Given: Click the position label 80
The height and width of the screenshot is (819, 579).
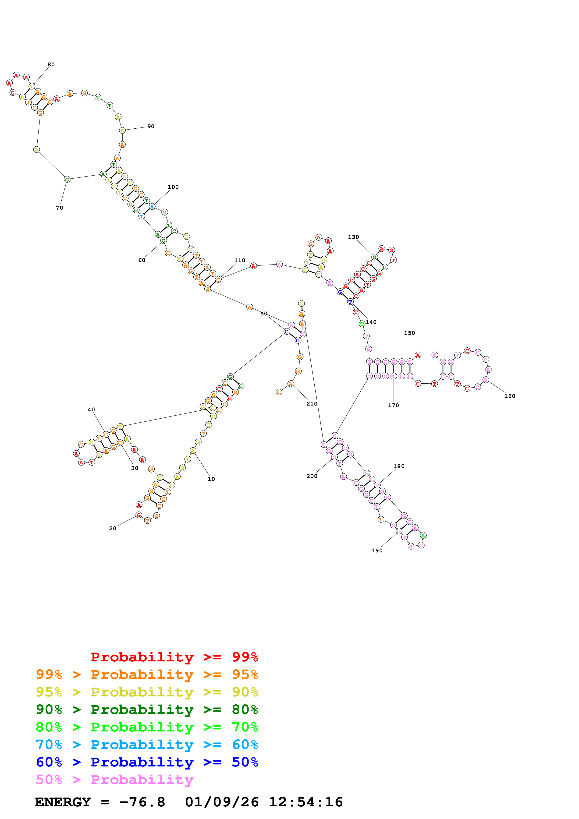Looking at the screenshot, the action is click(51, 65).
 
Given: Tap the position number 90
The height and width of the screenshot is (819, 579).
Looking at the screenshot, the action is click(151, 126).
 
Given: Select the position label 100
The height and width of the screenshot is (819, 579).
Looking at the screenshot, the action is click(173, 187).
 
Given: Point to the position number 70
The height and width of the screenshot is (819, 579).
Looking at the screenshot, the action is click(59, 208).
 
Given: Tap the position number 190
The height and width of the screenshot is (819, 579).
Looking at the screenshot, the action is click(377, 551).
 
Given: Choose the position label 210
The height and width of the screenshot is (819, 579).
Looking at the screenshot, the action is click(312, 403).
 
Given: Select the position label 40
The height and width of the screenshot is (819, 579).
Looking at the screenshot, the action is click(91, 409).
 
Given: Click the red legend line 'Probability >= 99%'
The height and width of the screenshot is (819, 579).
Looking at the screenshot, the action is click(174, 657).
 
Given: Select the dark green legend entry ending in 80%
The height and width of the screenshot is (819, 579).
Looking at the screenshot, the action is click(147, 710).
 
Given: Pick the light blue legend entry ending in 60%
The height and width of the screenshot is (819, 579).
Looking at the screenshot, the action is click(147, 745).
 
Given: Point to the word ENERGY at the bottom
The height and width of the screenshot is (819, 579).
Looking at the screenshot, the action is click(63, 802).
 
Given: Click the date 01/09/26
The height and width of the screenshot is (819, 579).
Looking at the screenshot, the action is click(222, 802).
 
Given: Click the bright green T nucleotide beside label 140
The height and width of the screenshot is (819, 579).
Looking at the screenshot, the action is click(362, 324).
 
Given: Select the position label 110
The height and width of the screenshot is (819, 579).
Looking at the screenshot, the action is click(240, 260).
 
